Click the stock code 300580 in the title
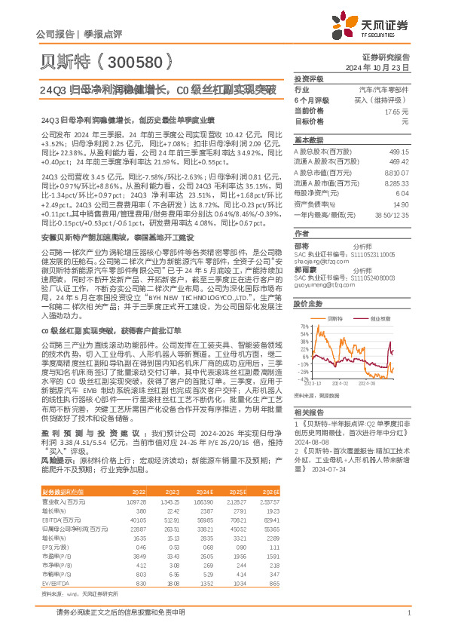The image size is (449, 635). pyautogui.click(x=139, y=60)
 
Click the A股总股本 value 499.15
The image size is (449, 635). pyautogui.click(x=397, y=151)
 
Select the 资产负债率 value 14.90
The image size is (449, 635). pyautogui.click(x=400, y=204)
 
